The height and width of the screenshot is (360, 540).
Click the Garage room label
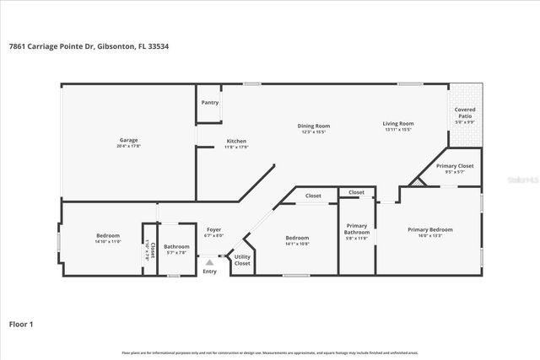pos(128,140)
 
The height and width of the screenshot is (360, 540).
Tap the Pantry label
pos(210,103)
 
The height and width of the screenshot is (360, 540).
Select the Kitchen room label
pos(236,141)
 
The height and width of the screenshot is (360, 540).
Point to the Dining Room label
pos(313,126)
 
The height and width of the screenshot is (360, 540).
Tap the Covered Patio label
pos(465,113)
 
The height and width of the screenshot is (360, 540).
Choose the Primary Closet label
pos(455,166)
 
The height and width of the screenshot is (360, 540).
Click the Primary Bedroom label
pos(430,229)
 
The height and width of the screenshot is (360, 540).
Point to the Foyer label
pos(213,229)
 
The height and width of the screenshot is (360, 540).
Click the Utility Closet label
pos(242,260)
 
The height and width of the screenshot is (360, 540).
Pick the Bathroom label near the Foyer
pos(177,246)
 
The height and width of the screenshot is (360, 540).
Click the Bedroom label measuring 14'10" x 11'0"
pos(108,235)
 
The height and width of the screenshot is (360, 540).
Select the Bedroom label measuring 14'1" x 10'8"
pos(297,238)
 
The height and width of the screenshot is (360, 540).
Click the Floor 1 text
pos(20,323)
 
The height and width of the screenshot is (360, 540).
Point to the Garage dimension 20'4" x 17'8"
pos(128,146)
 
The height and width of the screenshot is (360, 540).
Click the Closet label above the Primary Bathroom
pos(357,192)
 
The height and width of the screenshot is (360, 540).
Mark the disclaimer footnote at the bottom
pos(269,352)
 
